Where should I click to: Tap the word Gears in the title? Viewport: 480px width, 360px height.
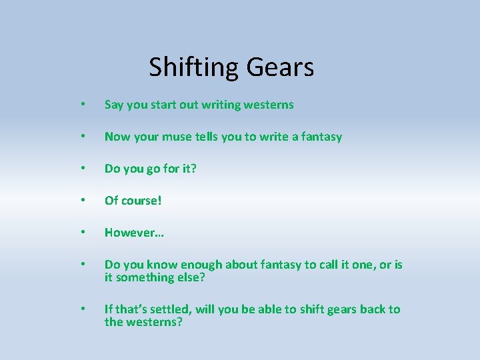(x=280, y=67)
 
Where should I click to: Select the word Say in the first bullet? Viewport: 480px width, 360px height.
(x=114, y=105)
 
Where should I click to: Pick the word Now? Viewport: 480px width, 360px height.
(x=117, y=137)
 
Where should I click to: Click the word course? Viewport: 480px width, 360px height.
(x=141, y=201)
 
